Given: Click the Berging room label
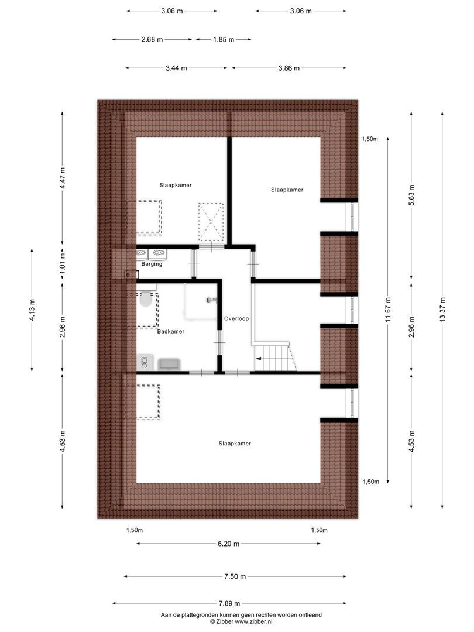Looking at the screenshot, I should pyautogui.click(x=151, y=264).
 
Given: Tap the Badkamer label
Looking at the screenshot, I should pyautogui.click(x=171, y=331).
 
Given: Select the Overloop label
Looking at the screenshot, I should pyautogui.click(x=236, y=319).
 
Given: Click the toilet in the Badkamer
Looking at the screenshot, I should pyautogui.click(x=146, y=300).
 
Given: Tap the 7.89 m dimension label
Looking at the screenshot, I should pyautogui.click(x=229, y=604).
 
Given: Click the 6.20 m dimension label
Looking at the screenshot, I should pyautogui.click(x=228, y=544).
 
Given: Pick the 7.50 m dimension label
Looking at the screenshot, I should pyautogui.click(x=235, y=576).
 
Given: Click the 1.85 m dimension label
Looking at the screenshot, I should pyautogui.click(x=223, y=39).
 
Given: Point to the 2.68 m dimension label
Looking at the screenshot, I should pyautogui.click(x=152, y=39).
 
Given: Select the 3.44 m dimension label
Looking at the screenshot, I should pyautogui.click(x=176, y=68).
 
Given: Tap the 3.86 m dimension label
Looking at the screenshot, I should pyautogui.click(x=288, y=68).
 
